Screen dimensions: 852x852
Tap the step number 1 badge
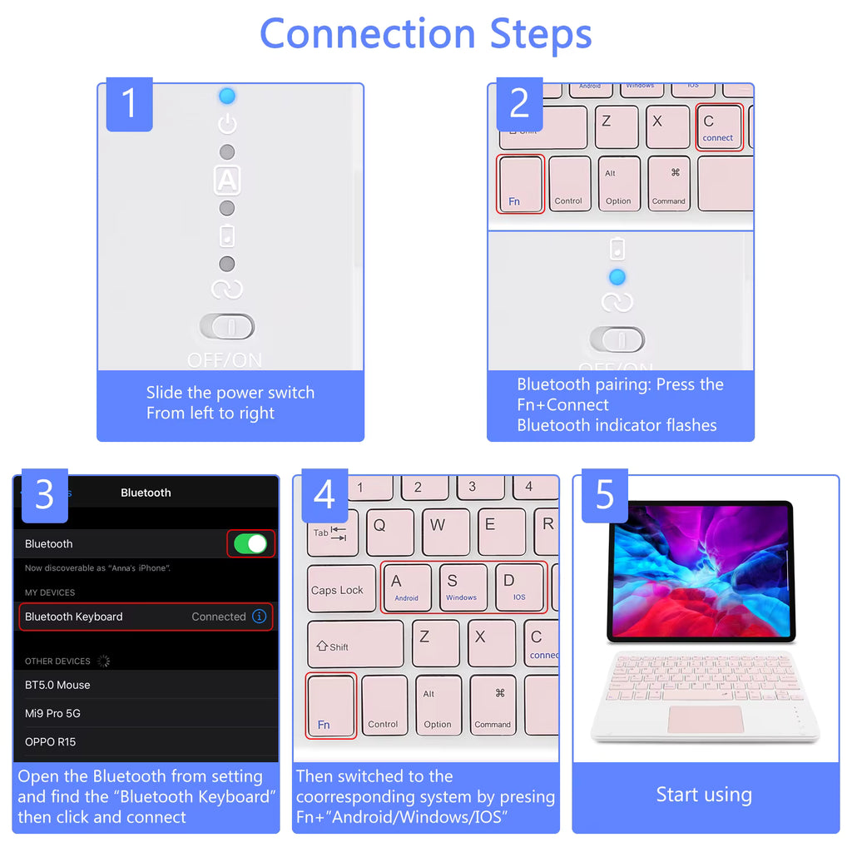[x=129, y=105]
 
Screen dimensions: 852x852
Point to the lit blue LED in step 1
[x=227, y=97]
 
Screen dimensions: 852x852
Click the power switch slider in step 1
[x=227, y=327]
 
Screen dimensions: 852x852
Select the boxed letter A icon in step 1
[x=227, y=180]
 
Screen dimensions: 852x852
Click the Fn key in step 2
[x=520, y=184]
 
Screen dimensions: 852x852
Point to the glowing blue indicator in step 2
[x=617, y=277]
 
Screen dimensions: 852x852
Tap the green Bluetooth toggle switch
[x=250, y=544]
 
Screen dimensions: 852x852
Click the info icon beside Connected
[x=260, y=617]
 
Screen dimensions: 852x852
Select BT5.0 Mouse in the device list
[x=58, y=685]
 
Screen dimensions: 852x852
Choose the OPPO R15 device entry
[x=51, y=741]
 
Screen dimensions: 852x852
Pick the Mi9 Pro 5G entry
[x=53, y=713]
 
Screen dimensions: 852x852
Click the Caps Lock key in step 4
[x=337, y=590]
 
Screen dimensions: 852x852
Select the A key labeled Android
[x=406, y=587]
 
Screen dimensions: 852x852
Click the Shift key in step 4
[x=354, y=645]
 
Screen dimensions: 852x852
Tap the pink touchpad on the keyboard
[x=704, y=719]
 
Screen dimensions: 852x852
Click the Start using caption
[x=704, y=795]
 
